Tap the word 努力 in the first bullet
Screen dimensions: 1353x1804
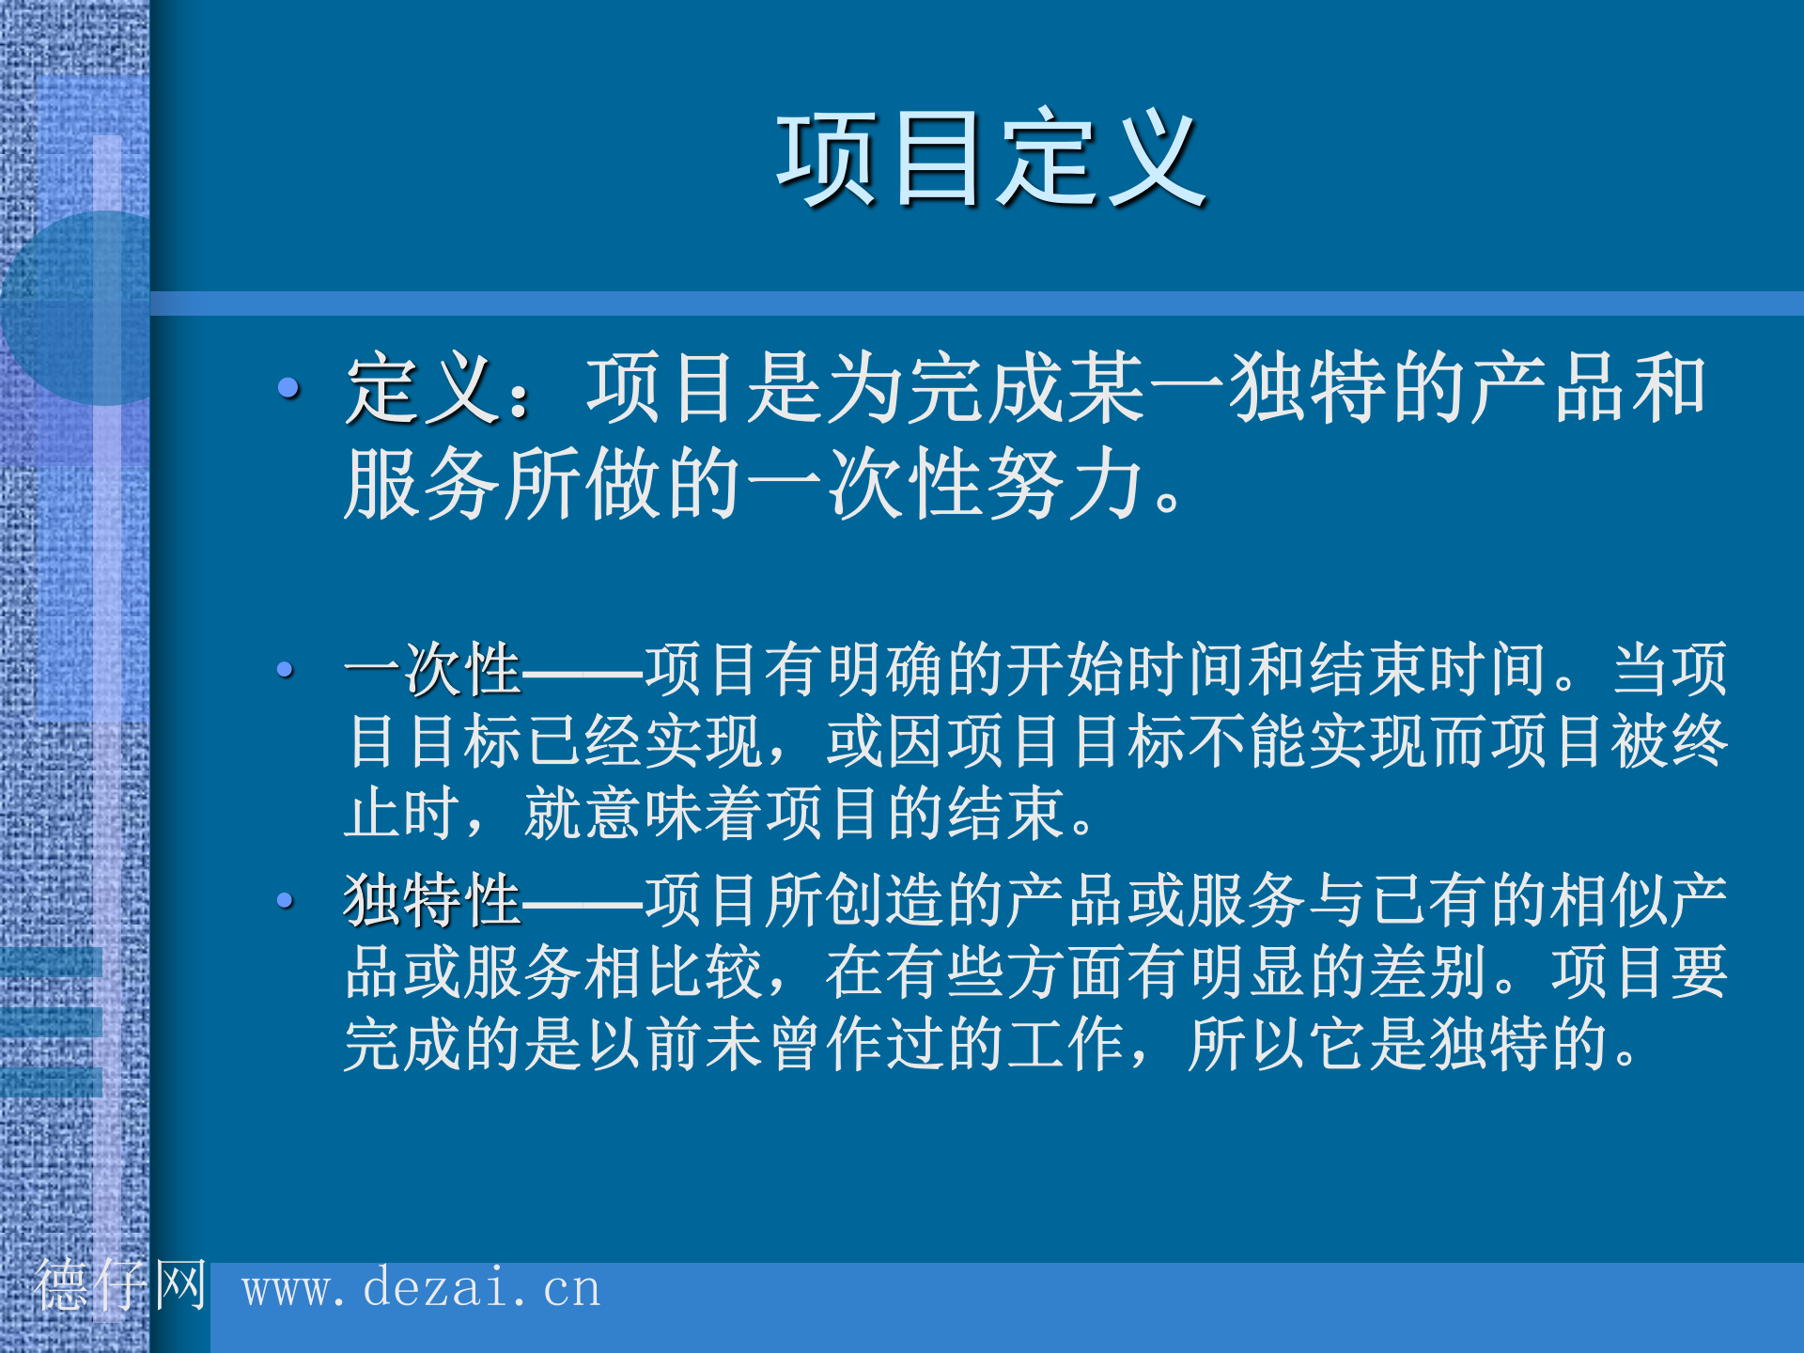1067,484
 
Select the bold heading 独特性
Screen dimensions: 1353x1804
432,900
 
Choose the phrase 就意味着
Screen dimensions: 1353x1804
643,814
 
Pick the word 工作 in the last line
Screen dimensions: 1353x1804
1065,1044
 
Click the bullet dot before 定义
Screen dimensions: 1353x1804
288,386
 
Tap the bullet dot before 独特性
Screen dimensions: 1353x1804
286,901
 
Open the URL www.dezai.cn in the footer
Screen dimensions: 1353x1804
421,1288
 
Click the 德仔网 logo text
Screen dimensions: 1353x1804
119,1284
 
